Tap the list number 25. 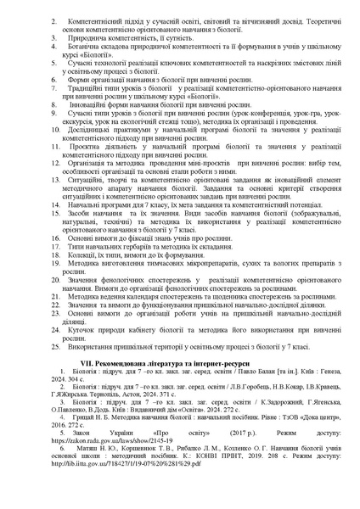[53, 346]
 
